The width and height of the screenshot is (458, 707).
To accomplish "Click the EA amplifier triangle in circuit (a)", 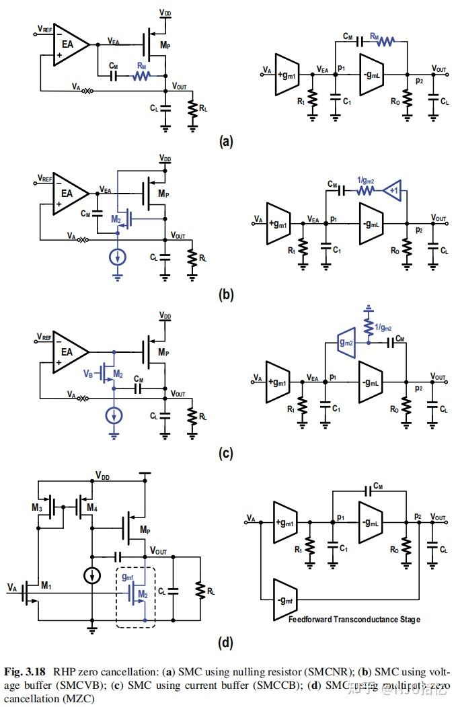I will click(68, 45).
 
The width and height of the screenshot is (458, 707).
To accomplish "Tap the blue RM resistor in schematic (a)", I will click(141, 77).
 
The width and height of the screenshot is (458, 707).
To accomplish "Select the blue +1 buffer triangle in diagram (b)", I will click(395, 191).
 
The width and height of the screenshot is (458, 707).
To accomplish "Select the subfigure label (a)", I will click(226, 142).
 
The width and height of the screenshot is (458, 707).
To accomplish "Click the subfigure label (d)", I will click(226, 642).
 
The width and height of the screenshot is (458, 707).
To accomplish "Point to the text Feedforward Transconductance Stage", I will click(354, 619).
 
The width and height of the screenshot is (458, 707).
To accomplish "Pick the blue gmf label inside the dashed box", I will click(128, 577).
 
